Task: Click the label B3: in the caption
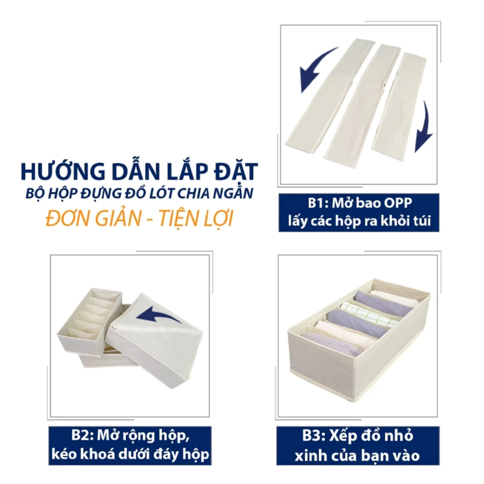point(314,436)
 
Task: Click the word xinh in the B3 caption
point(308,456)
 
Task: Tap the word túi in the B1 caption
point(422,221)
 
